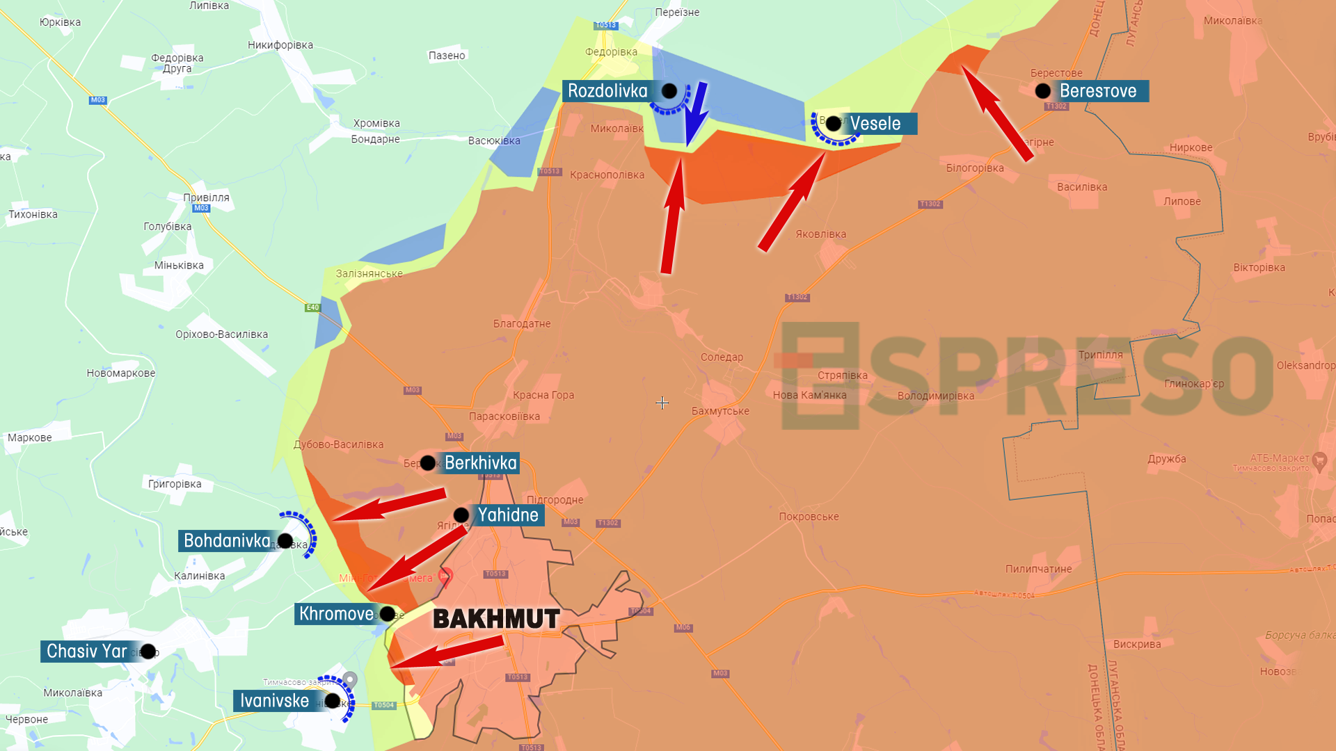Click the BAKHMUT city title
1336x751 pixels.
[x=496, y=618]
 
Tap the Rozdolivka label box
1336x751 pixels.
[x=607, y=91]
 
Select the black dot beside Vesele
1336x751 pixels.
[x=833, y=124]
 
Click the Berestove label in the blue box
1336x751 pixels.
[x=1098, y=91]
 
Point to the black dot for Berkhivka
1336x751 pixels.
[x=428, y=463]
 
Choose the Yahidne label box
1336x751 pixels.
[x=508, y=515]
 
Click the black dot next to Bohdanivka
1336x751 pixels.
[x=285, y=541]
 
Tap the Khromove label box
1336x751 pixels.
[x=337, y=614]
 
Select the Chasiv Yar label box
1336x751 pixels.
[x=87, y=652]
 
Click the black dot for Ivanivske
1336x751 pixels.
[x=333, y=701]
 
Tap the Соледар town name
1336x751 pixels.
[x=722, y=357]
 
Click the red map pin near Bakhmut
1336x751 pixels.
[x=446, y=576]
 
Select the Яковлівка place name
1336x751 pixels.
[x=821, y=234]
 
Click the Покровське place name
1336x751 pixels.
[x=809, y=517]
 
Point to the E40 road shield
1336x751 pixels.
[x=312, y=307]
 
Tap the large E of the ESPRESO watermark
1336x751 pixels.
[x=821, y=375]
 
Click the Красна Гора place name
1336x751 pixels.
[x=543, y=395]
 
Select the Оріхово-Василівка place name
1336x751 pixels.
[x=221, y=334]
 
